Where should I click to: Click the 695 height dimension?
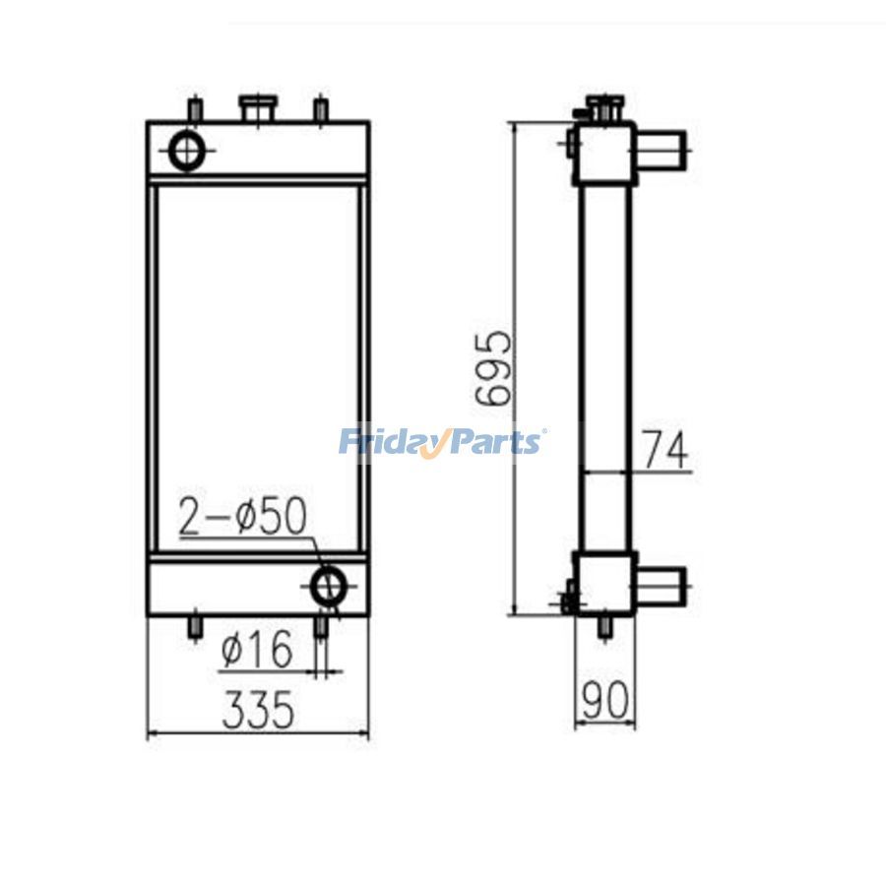click(x=493, y=368)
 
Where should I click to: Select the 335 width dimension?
click(x=258, y=710)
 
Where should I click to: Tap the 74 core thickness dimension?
click(x=665, y=451)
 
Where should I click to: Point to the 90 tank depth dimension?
click(x=605, y=701)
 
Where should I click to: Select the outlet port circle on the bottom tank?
click(x=329, y=587)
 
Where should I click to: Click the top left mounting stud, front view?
click(x=197, y=109)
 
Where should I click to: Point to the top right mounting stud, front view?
click(x=319, y=109)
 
